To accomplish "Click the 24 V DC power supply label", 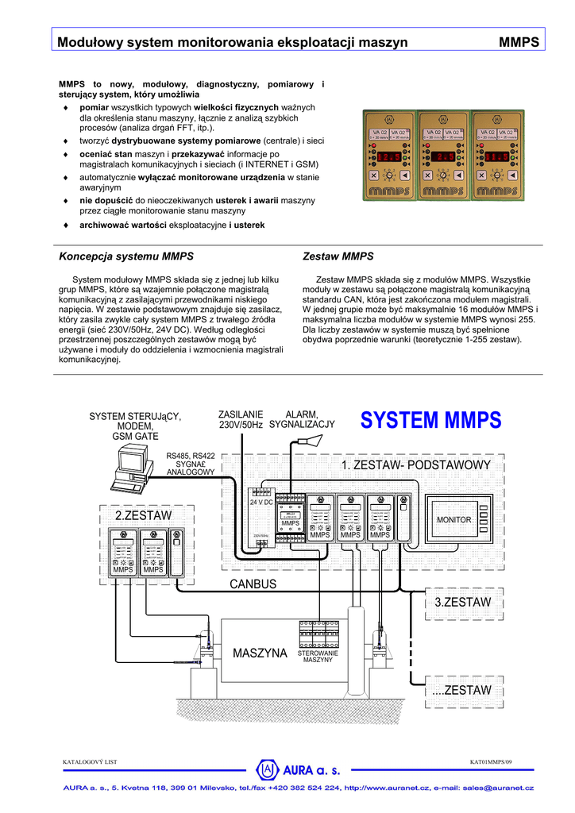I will [262, 503].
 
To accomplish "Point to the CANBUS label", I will [253, 584].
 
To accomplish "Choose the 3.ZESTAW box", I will [462, 602].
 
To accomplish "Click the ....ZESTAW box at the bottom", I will [462, 691].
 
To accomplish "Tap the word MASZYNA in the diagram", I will [260, 653].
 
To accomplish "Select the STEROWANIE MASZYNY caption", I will [318, 657].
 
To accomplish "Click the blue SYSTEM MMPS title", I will [430, 419].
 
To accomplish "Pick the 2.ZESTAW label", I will [143, 516].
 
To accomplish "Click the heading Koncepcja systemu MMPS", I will [126, 257].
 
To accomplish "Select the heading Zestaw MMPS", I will [338, 257].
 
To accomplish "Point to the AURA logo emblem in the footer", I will [268, 769].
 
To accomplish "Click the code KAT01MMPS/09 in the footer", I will [491, 762].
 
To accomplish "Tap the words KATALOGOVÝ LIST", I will [90, 762].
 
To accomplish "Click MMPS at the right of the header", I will [519, 42].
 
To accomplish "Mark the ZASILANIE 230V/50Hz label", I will [240, 420].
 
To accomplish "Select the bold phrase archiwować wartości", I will [122, 225].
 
